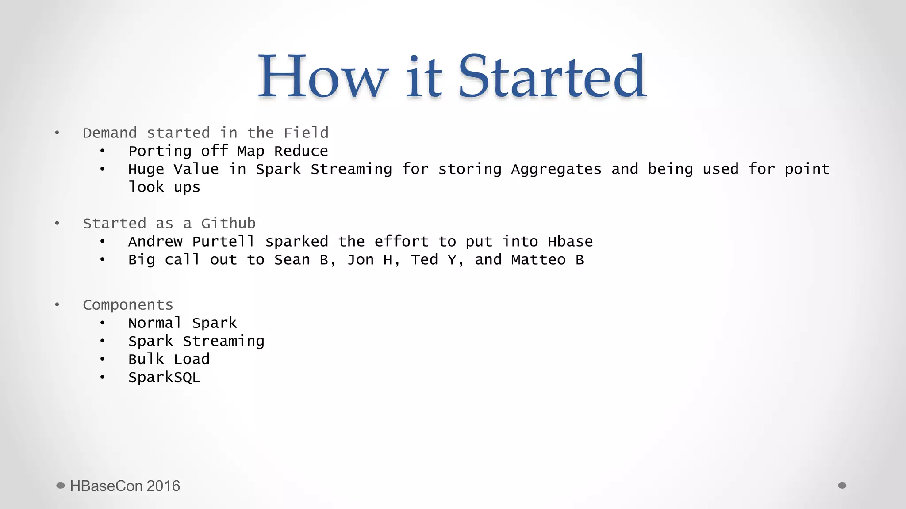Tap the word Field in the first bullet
tap(306, 133)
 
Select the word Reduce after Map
tap(301, 151)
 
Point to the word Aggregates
tap(556, 169)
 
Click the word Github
tap(228, 223)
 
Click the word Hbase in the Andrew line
tap(570, 241)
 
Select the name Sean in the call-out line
tap(292, 259)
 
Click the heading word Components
tap(128, 305)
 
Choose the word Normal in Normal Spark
tap(155, 323)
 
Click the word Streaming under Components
tap(223, 341)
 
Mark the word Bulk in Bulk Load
tap(146, 359)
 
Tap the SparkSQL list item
tap(164, 377)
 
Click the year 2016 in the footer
tap(163, 486)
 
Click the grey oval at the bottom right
tap(842, 486)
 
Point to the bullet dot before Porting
tap(103, 151)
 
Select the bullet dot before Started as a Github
tap(57, 223)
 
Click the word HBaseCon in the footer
tap(106, 486)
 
